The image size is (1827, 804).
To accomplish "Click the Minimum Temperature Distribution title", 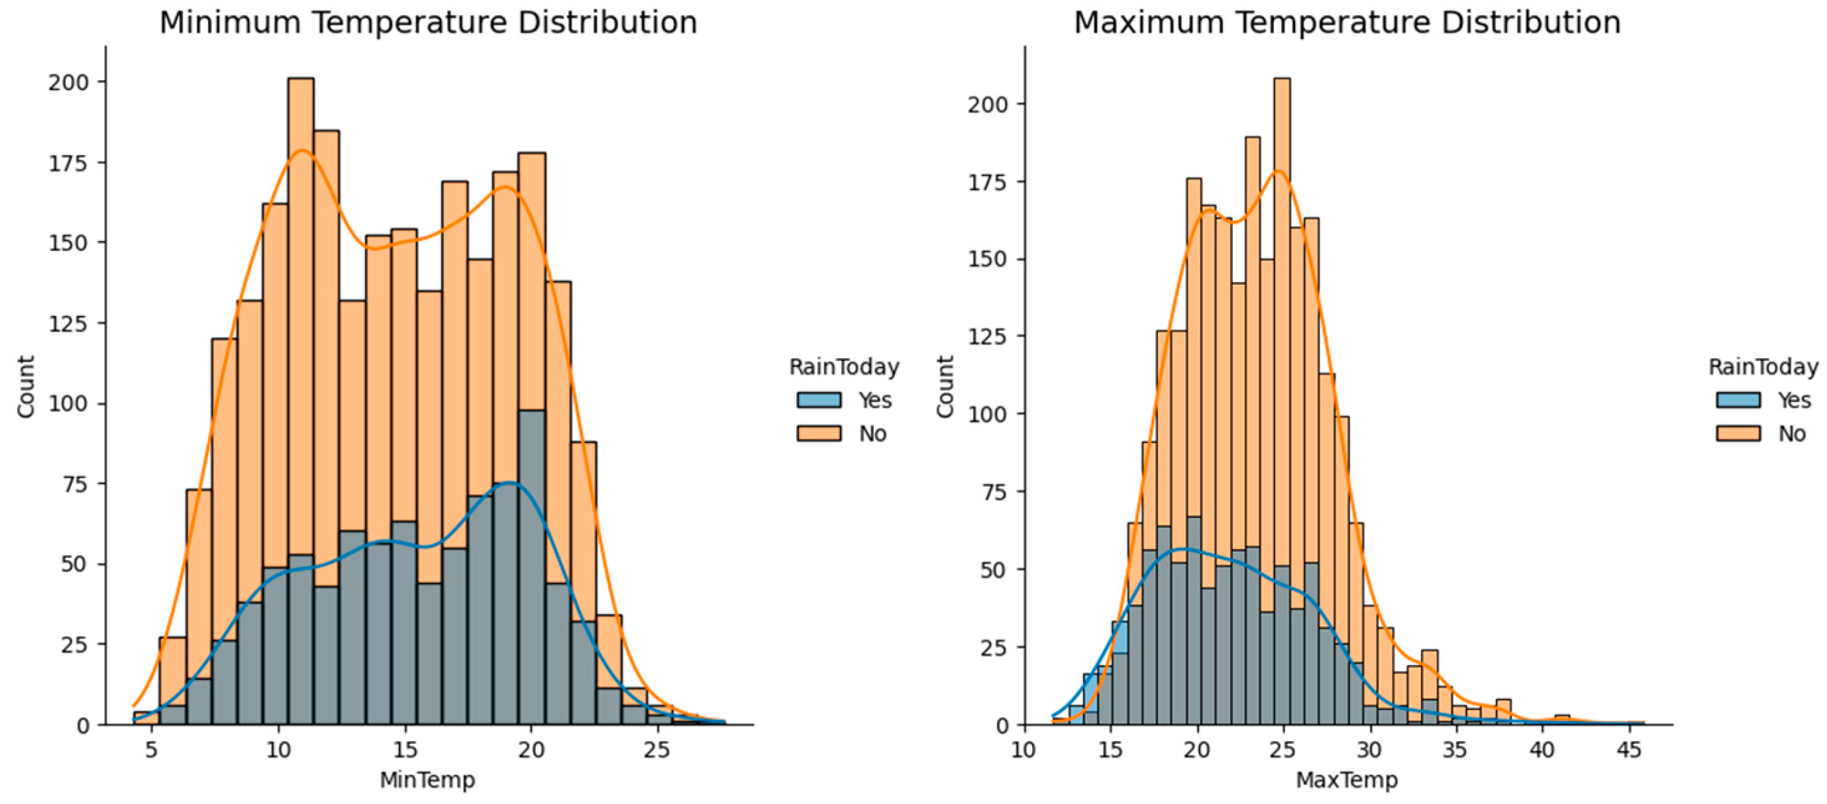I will (x=428, y=23).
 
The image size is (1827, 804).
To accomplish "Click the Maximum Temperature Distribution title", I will (x=1347, y=23).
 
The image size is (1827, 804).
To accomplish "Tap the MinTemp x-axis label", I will (x=427, y=780).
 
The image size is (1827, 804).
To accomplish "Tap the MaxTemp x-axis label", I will (x=1346, y=780).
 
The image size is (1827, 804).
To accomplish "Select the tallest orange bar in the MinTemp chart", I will (x=301, y=213).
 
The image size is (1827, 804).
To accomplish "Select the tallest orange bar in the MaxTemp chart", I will (x=1282, y=213).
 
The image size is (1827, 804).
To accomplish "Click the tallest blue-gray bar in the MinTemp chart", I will (x=532, y=567).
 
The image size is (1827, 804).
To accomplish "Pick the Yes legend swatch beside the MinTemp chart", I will (x=819, y=400).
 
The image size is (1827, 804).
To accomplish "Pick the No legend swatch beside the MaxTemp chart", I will (x=1738, y=433).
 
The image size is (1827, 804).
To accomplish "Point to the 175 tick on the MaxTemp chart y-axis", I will (x=988, y=182).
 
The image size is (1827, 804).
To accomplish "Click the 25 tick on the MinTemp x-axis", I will (x=656, y=750).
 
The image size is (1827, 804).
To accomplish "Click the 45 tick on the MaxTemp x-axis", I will (x=1628, y=750).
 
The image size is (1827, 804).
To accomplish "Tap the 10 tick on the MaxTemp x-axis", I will (x=1023, y=750).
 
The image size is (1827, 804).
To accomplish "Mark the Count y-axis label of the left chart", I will (x=26, y=386).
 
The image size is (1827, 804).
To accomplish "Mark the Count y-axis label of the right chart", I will (x=945, y=386).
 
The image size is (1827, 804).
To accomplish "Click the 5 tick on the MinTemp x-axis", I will (x=151, y=750).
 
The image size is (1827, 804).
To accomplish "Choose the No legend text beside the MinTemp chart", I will (x=872, y=433).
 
